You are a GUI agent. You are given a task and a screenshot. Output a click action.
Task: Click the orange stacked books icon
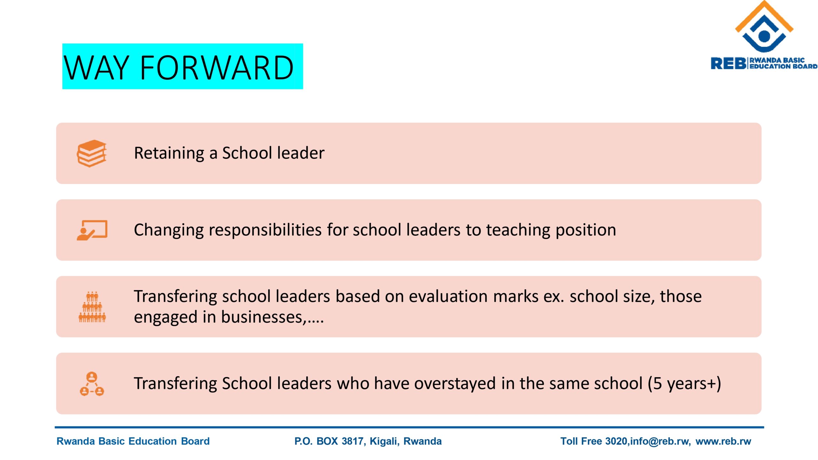point(92,153)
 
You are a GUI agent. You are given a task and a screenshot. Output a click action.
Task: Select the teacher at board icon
point(92,230)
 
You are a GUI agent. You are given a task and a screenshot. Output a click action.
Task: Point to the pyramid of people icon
point(92,307)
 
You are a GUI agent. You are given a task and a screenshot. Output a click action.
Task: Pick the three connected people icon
point(92,384)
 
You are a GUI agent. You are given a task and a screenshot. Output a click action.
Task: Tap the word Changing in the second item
point(168,230)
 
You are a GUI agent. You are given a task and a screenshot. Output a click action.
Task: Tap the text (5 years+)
point(684,383)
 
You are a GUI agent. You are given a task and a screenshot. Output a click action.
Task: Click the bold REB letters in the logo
point(728,63)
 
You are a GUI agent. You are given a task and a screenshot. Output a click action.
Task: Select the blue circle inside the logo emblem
point(764,36)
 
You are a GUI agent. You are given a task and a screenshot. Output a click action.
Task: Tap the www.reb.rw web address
point(723,441)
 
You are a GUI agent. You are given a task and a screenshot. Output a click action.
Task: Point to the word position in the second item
point(586,230)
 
